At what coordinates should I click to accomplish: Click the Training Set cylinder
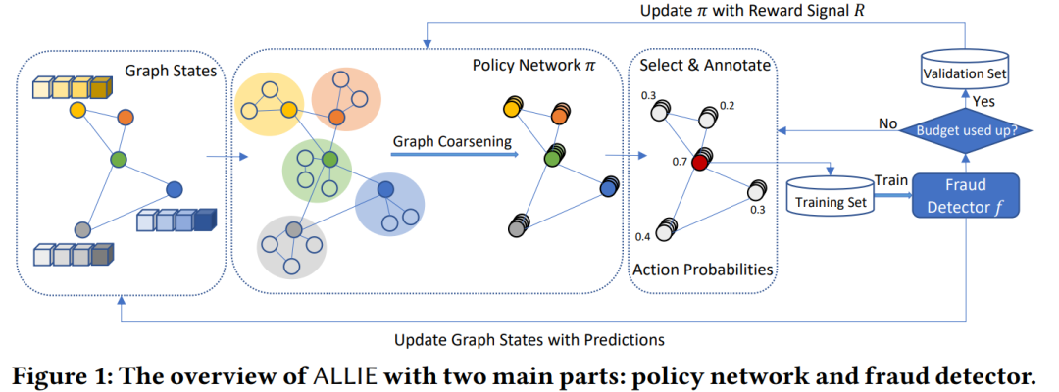point(830,195)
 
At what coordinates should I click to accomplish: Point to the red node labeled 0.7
point(699,163)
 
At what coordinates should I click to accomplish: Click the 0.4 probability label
point(643,238)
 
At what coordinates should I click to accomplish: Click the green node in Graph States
point(119,161)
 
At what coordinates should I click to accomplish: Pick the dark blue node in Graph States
point(175,188)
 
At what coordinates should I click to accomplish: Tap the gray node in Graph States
point(81,228)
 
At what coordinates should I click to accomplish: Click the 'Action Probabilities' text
point(702,269)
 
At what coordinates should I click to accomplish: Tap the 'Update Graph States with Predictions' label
point(529,339)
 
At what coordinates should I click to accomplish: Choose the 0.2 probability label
point(728,106)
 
